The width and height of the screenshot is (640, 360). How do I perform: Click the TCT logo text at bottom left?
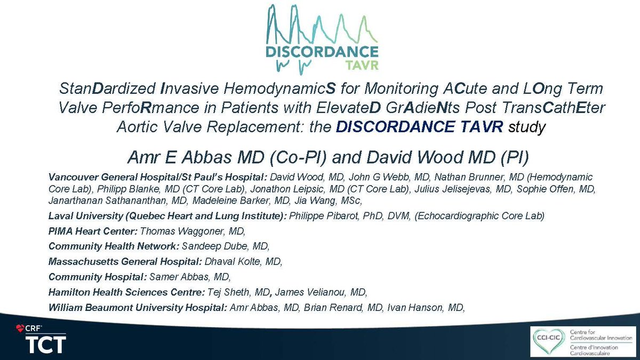(45, 344)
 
